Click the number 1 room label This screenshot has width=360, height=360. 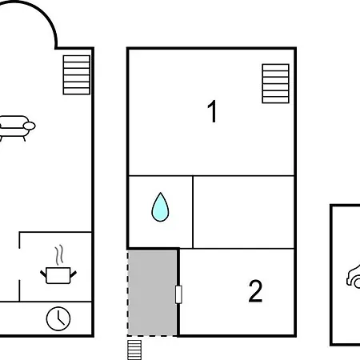(213, 111)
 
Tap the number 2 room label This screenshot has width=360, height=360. (255, 291)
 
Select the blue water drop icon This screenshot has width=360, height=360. (160, 207)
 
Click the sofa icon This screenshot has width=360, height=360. (16, 128)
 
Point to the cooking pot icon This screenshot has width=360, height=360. (58, 275)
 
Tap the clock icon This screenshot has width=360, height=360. (58, 318)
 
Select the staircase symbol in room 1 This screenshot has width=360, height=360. (276, 83)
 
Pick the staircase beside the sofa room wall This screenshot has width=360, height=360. (77, 75)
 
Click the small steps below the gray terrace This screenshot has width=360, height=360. (134, 350)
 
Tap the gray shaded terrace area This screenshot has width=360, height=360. (152, 293)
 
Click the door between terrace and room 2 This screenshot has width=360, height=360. (178, 294)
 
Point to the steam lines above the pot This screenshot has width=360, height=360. (59, 255)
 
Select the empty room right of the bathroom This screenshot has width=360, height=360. (243, 212)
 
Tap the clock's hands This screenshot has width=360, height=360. (61, 318)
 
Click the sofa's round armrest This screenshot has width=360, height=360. (29, 126)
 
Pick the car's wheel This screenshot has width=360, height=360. (357, 283)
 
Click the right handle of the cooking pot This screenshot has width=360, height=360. (74, 274)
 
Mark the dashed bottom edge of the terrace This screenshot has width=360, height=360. (152, 335)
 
